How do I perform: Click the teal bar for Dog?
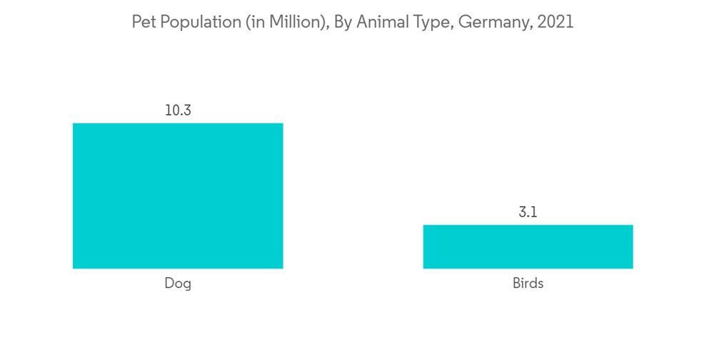pos(178,196)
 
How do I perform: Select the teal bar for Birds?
pos(528,246)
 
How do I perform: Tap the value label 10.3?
pos(178,111)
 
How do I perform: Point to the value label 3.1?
pos(528,212)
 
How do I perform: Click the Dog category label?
pos(178,284)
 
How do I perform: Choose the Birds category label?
pos(528,284)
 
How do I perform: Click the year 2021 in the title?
pos(555,22)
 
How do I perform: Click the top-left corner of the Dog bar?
pos(74,124)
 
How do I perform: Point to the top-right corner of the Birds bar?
pos(632,226)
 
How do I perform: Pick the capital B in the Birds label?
pos(516,284)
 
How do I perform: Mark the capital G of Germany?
pos(465,22)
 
